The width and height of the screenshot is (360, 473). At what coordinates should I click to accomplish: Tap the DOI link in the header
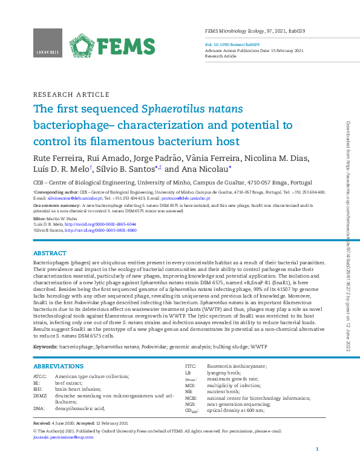[233, 44]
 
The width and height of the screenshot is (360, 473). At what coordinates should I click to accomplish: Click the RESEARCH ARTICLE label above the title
[71, 95]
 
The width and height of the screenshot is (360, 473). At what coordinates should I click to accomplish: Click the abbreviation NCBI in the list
[192, 399]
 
